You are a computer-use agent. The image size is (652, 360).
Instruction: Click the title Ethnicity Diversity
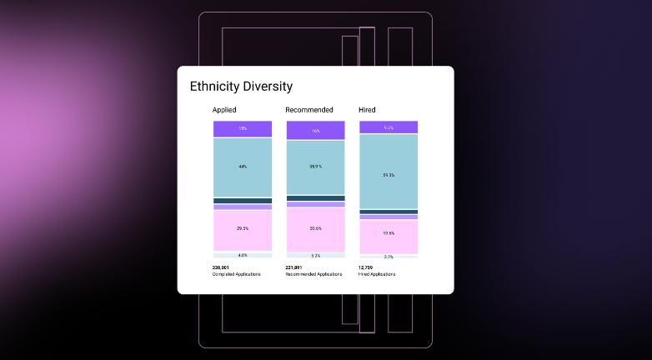(241, 86)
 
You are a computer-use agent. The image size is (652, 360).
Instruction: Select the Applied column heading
(224, 109)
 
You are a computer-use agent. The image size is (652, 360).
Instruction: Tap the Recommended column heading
(309, 109)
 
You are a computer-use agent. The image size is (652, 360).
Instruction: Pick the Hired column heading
(367, 109)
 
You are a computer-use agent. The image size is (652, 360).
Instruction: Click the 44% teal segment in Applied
(243, 167)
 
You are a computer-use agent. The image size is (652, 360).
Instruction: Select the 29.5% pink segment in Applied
(243, 227)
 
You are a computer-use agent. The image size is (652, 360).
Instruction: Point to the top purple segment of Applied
(243, 128)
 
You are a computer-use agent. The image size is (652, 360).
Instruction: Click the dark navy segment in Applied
(243, 201)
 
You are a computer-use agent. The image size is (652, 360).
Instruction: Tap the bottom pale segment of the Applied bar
(243, 254)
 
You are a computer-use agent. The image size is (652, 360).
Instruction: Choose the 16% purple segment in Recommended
(315, 130)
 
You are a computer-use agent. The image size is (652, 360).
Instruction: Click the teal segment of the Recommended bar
(315, 167)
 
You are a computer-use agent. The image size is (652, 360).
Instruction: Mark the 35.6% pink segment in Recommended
(315, 228)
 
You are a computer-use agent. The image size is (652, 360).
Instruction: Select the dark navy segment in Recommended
(315, 198)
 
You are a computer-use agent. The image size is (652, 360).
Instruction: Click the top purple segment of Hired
(389, 127)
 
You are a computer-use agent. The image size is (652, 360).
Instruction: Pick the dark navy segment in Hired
(389, 212)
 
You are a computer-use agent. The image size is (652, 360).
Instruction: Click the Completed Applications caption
(237, 274)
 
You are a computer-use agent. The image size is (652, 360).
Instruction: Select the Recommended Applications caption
(313, 274)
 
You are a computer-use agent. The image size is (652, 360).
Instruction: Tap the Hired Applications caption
(377, 274)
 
